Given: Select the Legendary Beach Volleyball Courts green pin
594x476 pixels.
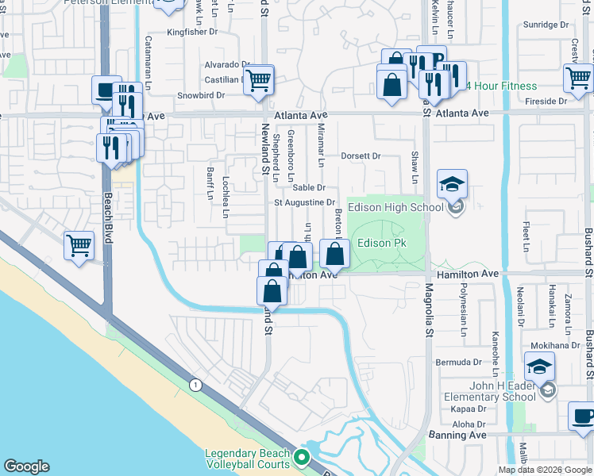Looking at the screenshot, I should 301,458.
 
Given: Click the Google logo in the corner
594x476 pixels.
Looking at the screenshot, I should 26,466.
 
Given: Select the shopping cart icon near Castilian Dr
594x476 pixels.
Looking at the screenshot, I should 258,80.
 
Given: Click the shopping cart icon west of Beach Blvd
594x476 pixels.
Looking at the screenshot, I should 79,246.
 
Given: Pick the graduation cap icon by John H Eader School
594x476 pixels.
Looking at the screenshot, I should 539,367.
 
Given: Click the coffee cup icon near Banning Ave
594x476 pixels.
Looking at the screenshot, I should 583,416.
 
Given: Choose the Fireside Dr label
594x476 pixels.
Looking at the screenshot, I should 546,102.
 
